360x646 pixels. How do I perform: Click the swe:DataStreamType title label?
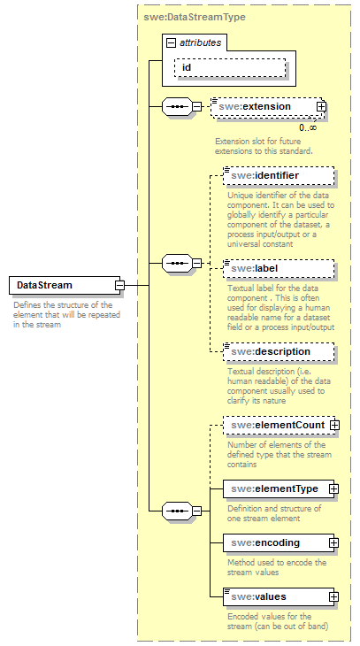tap(195, 17)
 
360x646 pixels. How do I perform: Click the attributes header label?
tap(201, 42)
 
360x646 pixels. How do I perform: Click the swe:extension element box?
tap(261, 107)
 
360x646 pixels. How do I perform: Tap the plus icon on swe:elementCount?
tap(334, 426)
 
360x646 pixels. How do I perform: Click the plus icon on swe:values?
tap(333, 596)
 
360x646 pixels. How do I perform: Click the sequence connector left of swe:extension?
tap(180, 107)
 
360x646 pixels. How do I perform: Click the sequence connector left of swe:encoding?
tap(180, 510)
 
